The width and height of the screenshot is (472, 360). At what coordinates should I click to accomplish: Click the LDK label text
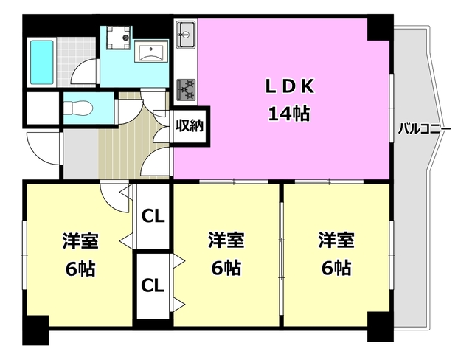[x=290, y=87]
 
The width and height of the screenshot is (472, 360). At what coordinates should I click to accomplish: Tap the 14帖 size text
[x=290, y=114]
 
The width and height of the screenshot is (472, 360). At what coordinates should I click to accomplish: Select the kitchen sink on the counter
[x=185, y=33]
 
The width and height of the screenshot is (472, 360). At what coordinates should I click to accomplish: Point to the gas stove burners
[x=185, y=89]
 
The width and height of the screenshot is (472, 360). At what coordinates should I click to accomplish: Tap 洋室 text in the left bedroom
[x=79, y=241]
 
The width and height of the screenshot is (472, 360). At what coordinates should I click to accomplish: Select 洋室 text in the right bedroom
[x=336, y=241]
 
